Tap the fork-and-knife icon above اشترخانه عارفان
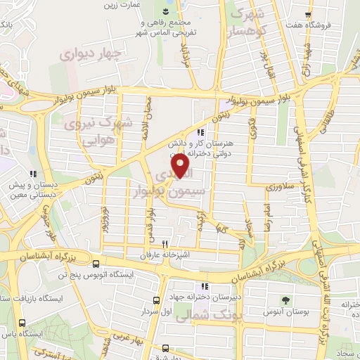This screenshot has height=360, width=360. coord(164,244)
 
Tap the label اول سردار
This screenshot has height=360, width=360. coord(155,310)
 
